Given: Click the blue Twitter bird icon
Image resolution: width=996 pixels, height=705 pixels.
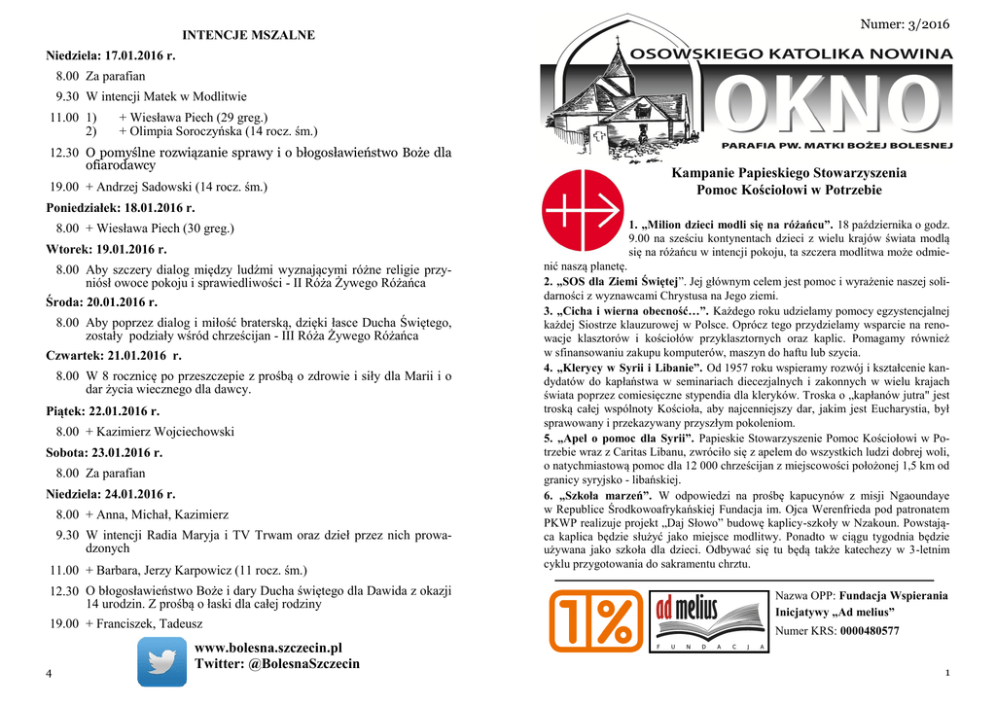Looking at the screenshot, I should pyautogui.click(x=161, y=662).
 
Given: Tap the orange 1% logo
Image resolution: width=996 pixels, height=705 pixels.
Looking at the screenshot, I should pyautogui.click(x=595, y=621).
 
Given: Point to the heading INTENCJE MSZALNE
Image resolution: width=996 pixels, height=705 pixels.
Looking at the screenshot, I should pyautogui.click(x=249, y=36).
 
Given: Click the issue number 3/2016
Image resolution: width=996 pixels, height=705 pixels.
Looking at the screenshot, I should pyautogui.click(x=905, y=23).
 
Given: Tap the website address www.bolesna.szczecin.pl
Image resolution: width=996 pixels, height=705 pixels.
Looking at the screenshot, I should pyautogui.click(x=268, y=648).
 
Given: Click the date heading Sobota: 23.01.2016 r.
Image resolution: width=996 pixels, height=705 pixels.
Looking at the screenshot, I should pyautogui.click(x=104, y=452).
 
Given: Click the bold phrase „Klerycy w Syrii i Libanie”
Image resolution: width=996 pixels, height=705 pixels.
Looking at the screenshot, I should pyautogui.click(x=628, y=370).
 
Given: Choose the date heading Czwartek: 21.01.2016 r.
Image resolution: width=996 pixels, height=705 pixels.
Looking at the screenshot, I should pyautogui.click(x=114, y=356).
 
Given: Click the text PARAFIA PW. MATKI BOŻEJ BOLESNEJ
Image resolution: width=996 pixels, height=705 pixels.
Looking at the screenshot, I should pyautogui.click(x=836, y=144).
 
